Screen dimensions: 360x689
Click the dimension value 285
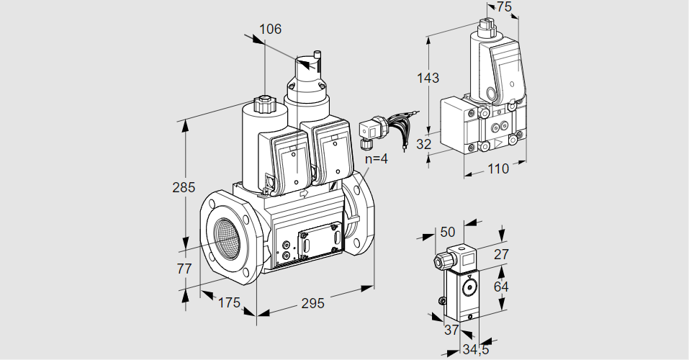(184, 189)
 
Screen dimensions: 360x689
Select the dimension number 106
(270, 30)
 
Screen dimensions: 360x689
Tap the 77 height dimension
(184, 269)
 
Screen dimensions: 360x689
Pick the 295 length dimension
(312, 303)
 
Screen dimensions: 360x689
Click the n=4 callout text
(375, 159)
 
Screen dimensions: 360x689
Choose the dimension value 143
(428, 78)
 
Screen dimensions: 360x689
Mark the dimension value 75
(504, 7)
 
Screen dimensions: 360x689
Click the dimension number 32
(424, 144)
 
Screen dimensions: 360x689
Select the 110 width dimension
(497, 169)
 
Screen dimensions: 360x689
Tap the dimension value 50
(448, 232)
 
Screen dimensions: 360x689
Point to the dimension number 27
(501, 253)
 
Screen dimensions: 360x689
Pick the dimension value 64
(501, 287)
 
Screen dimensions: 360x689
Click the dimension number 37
(451, 330)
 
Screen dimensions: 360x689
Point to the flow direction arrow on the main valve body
(302, 193)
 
